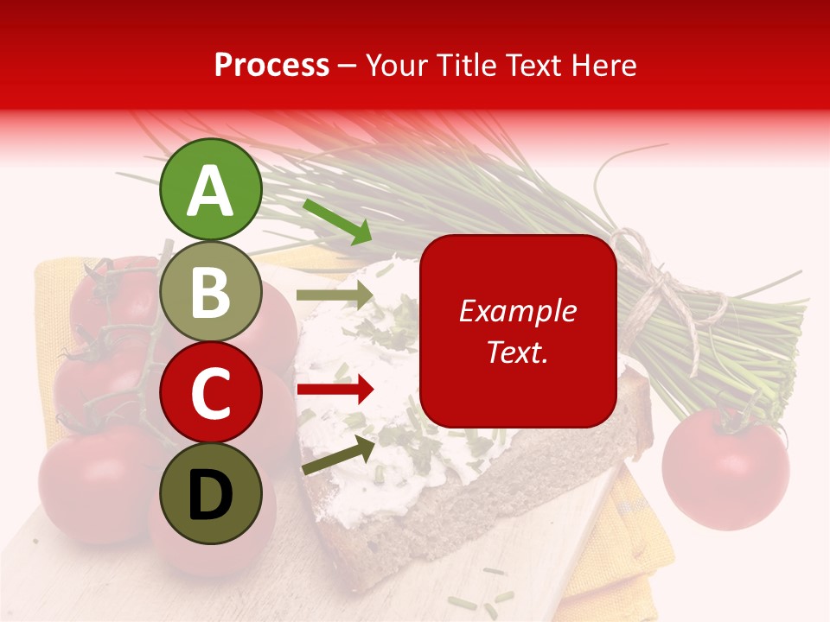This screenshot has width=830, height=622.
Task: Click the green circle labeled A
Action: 210,190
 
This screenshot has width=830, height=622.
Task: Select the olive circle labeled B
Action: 210,292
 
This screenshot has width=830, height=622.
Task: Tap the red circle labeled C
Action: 210,393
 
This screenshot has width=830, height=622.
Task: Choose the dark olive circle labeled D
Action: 210,493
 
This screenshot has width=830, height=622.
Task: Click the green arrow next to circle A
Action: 337,221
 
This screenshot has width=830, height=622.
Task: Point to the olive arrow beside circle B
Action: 334,295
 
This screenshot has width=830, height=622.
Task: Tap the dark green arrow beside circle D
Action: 338,454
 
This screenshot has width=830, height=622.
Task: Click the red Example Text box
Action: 517,331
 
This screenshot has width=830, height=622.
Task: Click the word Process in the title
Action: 271,65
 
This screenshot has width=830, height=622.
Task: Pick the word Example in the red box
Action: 517,311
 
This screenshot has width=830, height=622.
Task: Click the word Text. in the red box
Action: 517,352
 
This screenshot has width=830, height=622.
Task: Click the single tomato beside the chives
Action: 725,466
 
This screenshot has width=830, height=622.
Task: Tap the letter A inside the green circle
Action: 210,191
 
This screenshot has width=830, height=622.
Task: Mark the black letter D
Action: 210,495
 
